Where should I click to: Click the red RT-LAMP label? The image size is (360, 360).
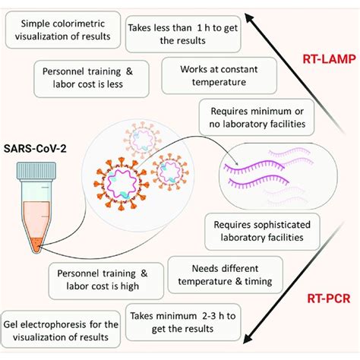329,59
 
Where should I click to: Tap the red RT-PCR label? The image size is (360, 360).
329,298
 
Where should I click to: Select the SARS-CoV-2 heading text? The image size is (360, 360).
35,148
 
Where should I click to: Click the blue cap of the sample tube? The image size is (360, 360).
36,171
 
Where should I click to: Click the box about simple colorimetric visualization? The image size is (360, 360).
63,30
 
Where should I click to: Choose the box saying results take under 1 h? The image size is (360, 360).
183,34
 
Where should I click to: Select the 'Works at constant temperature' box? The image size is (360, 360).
219,75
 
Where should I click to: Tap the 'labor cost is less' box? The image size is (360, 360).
91,79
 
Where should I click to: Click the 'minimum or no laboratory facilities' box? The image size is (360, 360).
257,117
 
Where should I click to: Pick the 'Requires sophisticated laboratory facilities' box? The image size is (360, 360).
262,232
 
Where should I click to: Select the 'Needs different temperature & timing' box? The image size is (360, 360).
225,275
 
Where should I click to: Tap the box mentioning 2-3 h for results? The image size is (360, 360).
183,322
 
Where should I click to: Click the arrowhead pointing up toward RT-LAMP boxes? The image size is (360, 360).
250,19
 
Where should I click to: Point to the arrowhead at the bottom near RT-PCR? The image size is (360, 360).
249,337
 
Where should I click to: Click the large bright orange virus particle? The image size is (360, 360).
121,183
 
